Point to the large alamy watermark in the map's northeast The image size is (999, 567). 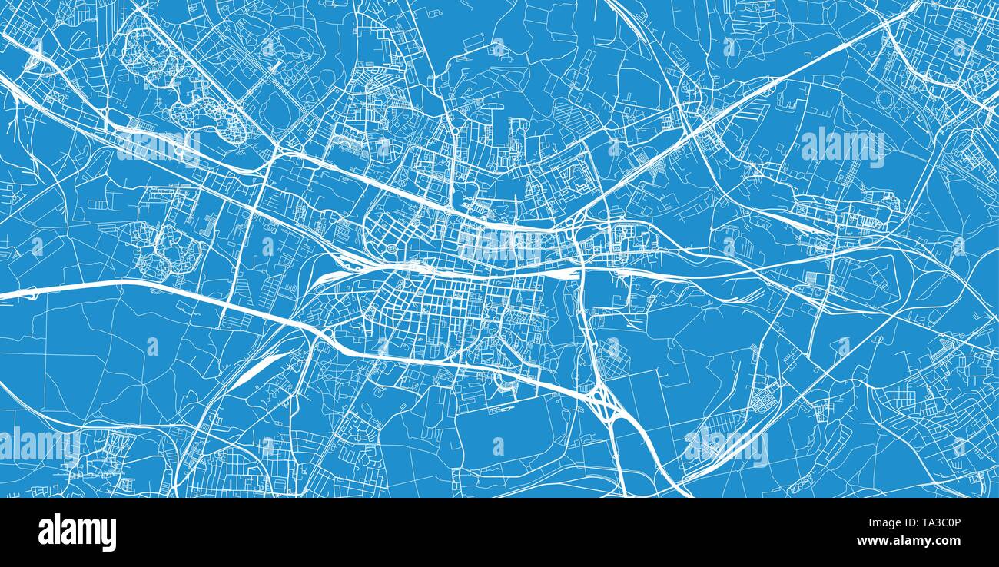[843, 146]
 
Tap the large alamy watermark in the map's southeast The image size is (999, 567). [726, 446]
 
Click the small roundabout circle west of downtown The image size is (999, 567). [392, 250]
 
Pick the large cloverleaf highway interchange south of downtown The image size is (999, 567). [603, 400]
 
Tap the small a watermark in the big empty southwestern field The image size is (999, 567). [152, 347]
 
